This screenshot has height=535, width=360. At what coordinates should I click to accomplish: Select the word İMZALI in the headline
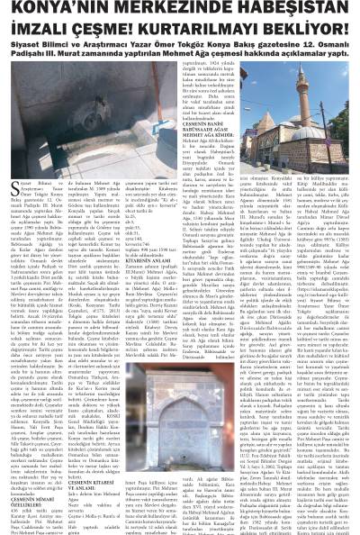tap(37, 28)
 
